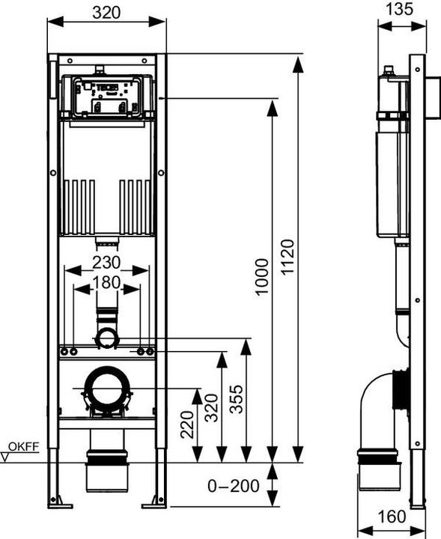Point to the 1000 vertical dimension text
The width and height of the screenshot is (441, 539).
(261, 277)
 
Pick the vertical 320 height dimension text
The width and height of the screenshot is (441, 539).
(211, 408)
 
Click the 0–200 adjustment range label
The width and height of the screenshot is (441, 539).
(234, 486)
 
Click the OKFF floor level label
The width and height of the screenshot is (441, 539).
(26, 445)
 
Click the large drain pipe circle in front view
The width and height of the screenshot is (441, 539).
(107, 390)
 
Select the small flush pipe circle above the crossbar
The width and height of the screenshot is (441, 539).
(106, 338)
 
